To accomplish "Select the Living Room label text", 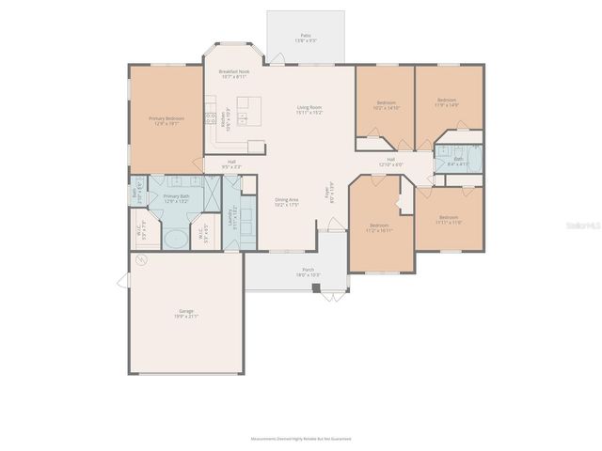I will pos(310,109).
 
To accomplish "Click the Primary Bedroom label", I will pos(166,120).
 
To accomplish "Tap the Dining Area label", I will pos(287,201).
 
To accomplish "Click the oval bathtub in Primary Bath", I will pos(176,240).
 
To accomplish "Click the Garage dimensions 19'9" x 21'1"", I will pos(186,317).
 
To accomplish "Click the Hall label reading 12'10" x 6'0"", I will pos(390,162).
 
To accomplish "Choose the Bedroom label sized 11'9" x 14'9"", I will pos(447,102).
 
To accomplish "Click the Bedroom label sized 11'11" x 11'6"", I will pos(449,221).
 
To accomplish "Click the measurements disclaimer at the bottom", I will pos(299,439).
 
